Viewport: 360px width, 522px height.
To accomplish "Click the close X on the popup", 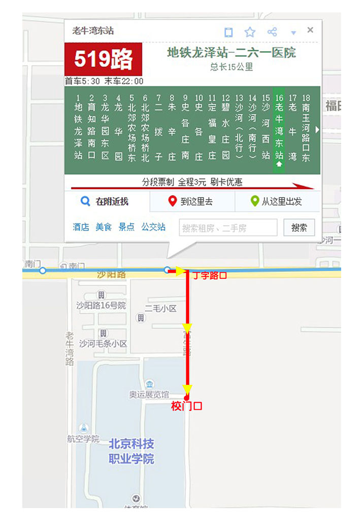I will tap(310, 30).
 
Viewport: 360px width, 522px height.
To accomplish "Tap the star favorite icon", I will tap(250, 32).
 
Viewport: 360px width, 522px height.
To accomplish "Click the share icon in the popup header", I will tap(272, 32).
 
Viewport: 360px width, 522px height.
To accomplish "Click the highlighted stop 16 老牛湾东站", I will tap(279, 129).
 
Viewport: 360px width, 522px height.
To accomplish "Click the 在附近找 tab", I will tap(107, 202).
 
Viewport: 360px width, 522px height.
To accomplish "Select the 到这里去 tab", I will tap(192, 202).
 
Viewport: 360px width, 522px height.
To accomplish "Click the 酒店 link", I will tap(81, 227).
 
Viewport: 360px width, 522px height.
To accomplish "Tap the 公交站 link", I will tap(153, 227).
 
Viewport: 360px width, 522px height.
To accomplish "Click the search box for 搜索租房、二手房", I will tap(228, 228).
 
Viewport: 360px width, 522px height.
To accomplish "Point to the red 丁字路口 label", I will tap(209, 276).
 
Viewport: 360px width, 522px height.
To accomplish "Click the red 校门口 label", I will tap(187, 406).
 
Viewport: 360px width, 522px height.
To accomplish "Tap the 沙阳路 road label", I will tap(111, 275).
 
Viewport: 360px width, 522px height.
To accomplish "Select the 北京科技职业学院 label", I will tap(132, 451).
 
